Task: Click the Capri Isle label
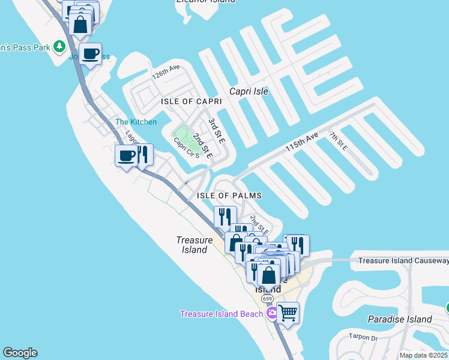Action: tap(249, 92)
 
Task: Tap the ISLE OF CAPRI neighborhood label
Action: tap(191, 102)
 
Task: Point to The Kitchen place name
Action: tap(136, 122)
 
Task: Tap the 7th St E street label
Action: tap(339, 141)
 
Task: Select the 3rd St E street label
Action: tap(216, 131)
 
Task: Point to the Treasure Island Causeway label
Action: tap(403, 261)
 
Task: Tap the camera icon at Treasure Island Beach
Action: tap(272, 313)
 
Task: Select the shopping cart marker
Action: tap(288, 312)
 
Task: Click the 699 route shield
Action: tap(268, 299)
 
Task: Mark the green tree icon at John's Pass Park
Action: tap(59, 46)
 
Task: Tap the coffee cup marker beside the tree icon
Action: tap(90, 54)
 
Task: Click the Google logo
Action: tap(20, 353)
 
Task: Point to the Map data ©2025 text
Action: tap(423, 355)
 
